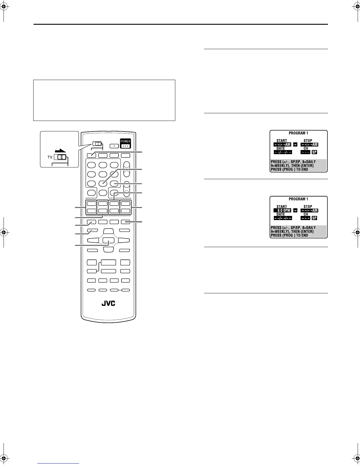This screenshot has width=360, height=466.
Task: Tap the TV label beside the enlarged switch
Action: click(50, 157)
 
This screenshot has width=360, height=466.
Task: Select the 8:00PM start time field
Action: click(282, 211)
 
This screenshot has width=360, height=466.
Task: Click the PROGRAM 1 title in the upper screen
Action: click(298, 133)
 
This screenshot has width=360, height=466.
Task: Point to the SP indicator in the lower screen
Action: click(314, 218)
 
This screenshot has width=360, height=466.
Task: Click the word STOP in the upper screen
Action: click(308, 141)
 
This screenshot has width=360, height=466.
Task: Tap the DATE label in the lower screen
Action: click(281, 214)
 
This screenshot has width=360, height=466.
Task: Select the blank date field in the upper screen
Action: click(283, 152)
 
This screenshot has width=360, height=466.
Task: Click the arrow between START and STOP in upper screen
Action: click(295, 145)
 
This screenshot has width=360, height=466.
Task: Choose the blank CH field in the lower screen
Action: click(305, 218)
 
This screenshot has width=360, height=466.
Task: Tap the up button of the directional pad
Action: click(108, 232)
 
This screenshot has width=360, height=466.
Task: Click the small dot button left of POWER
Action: click(114, 145)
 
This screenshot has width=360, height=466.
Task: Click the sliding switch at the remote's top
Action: click(97, 144)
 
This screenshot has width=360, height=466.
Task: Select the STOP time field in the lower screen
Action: click(309, 211)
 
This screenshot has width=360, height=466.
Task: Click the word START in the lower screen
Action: click(281, 207)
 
